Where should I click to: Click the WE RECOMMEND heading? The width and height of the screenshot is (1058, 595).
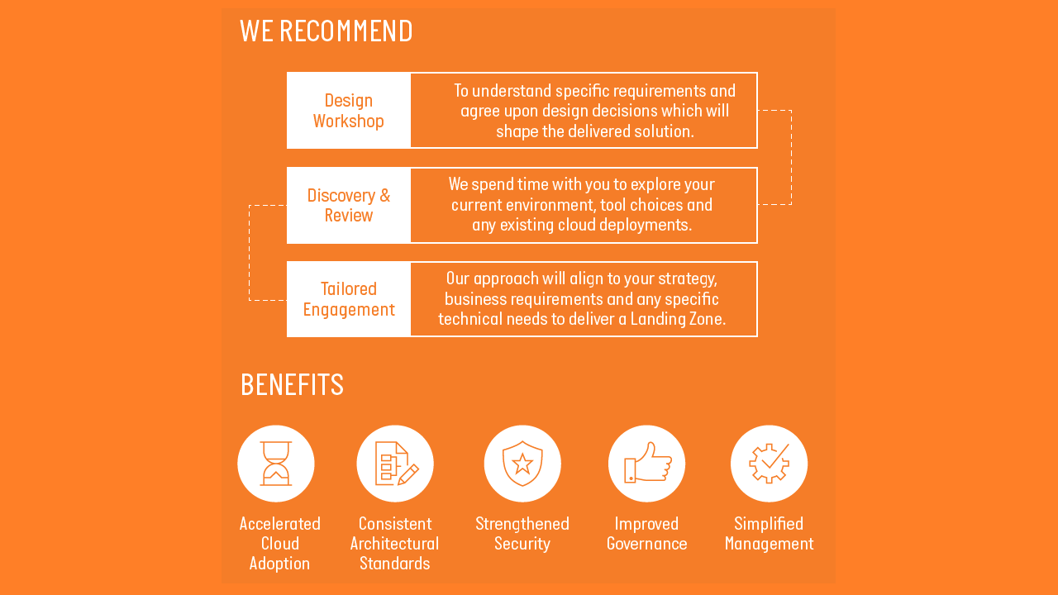pos(326,31)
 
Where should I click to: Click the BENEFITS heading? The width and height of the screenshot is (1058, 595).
pos(292,385)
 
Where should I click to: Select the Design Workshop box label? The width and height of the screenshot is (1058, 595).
pos(349,111)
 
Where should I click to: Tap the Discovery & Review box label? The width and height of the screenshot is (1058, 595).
pos(349,206)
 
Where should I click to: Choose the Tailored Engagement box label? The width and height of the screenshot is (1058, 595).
pos(349,299)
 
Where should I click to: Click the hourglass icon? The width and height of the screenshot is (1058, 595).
pos(276,464)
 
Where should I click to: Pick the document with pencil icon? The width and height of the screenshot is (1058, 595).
pos(395,464)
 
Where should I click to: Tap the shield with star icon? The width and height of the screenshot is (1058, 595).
pos(522,464)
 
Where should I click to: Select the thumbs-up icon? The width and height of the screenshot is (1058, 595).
pos(647,464)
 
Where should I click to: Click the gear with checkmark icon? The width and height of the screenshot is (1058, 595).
pos(769,464)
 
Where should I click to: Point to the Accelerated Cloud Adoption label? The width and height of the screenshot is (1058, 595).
pos(279,544)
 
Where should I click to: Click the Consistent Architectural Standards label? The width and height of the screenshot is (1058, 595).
pos(395,544)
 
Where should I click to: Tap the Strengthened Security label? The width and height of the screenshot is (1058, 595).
pos(522,534)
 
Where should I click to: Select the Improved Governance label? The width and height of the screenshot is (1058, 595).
pos(647,534)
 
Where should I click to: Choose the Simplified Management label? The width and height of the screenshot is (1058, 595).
pos(769,534)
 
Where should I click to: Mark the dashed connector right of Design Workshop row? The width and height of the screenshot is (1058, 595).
pos(791,157)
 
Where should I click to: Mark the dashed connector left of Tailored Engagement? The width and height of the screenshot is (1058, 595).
pos(250,252)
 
